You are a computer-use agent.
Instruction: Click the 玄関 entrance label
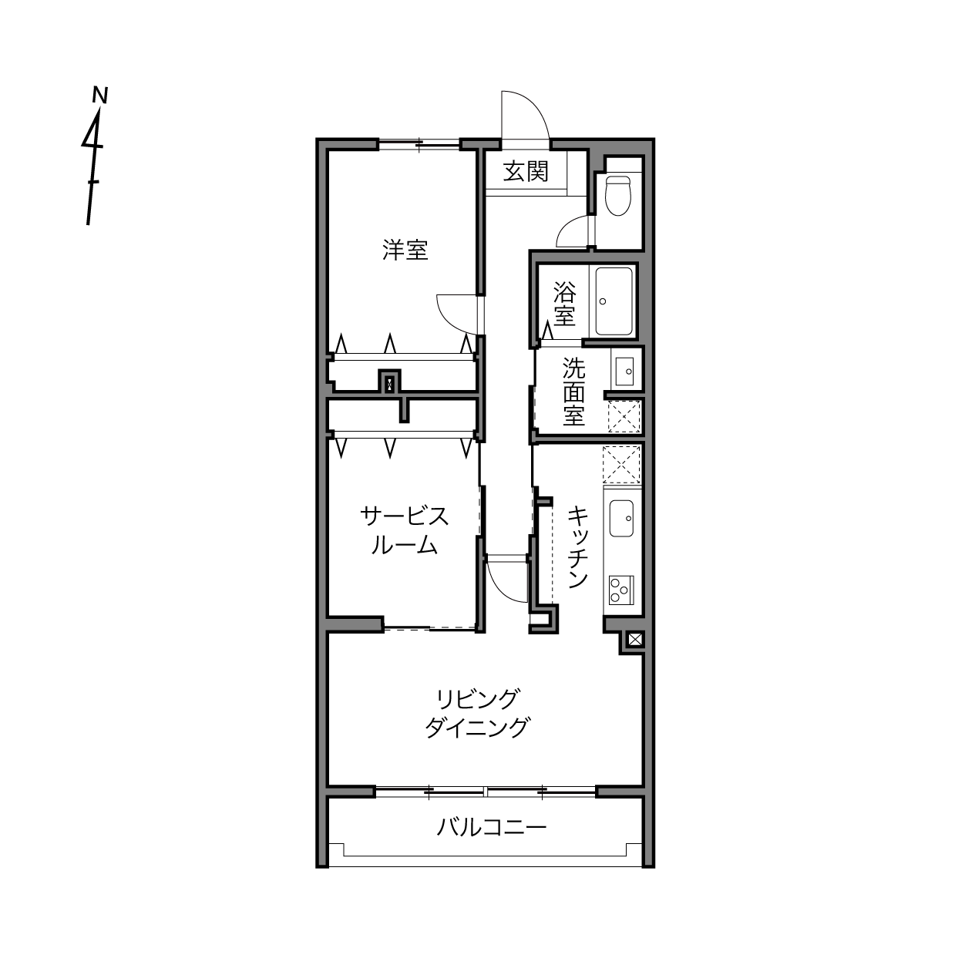click(526, 172)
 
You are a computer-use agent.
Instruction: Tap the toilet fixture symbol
click(618, 195)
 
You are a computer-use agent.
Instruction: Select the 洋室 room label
click(405, 250)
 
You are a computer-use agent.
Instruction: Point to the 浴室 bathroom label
click(564, 304)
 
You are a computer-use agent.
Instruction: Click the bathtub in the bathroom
click(614, 301)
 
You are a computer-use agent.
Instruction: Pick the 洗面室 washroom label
click(574, 391)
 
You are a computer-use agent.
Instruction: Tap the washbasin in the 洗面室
click(624, 371)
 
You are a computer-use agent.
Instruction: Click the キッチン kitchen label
click(578, 546)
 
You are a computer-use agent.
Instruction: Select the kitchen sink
click(621, 518)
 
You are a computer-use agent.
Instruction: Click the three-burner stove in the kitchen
click(621, 590)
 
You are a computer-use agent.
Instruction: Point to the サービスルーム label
click(404, 530)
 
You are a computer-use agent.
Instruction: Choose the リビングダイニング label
click(477, 713)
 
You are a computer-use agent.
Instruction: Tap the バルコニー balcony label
click(491, 827)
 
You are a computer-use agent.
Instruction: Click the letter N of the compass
click(101, 95)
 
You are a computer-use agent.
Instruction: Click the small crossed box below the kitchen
click(634, 639)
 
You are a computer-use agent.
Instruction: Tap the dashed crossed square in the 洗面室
click(624, 416)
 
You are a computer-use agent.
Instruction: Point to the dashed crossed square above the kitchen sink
click(621, 464)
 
